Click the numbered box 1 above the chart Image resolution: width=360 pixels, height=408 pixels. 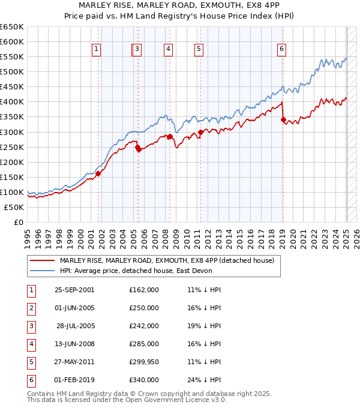coord(97,49)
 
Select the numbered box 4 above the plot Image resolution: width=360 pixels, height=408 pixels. coord(169,49)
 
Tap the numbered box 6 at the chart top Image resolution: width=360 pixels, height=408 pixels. coord(281,49)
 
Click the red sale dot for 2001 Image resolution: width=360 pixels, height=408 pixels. coord(98,173)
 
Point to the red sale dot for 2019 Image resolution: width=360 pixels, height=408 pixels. coord(283,119)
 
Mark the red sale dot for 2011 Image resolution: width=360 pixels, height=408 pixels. coord(200,132)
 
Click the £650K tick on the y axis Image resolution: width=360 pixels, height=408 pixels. coord(12,27)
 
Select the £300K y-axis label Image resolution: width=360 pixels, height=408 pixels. coord(12,132)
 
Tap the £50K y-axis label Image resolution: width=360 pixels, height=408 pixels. coord(14,207)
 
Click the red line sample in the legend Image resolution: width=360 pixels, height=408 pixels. coord(42,260)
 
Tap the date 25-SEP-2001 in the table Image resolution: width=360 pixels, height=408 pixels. coord(74,290)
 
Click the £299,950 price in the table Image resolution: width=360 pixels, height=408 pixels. coord(144,362)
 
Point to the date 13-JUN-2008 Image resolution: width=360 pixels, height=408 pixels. coord(74,344)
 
